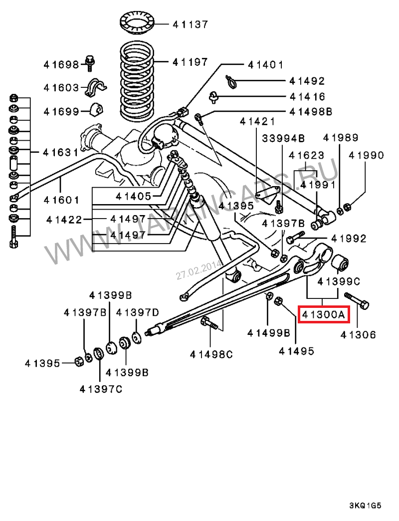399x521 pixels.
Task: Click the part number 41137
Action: click(190, 24)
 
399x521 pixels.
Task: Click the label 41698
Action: click(61, 64)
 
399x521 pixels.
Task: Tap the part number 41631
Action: click(60, 152)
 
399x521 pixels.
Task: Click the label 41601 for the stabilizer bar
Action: click(61, 200)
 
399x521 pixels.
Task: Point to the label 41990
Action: click(367, 155)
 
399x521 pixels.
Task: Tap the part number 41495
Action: click(297, 351)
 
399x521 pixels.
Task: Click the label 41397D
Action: click(137, 312)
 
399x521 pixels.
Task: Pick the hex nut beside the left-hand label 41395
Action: click(78, 361)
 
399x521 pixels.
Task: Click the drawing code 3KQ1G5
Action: click(365, 505)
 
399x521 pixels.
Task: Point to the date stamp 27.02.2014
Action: click(193, 269)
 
